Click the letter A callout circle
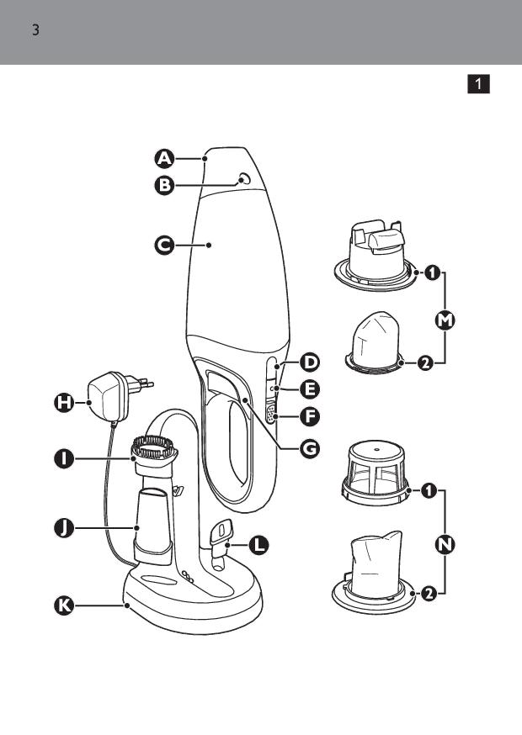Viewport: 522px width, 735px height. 164,159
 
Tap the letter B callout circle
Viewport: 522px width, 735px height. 164,186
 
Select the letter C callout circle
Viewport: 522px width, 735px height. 164,246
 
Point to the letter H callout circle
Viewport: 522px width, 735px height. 64,403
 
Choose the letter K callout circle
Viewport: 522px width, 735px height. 64,605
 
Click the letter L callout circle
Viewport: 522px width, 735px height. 258,545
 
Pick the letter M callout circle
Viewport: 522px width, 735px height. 445,320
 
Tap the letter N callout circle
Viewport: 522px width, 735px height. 445,545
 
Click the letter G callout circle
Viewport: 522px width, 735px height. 310,449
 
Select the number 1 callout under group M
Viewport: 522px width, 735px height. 432,272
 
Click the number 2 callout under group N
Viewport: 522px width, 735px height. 429,594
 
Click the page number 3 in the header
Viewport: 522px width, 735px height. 35,31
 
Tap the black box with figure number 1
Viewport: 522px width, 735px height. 478,84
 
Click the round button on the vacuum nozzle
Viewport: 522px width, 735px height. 243,178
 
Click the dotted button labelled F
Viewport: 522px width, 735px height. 271,415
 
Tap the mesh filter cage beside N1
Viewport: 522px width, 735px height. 376,472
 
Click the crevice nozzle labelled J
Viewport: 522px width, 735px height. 152,526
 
